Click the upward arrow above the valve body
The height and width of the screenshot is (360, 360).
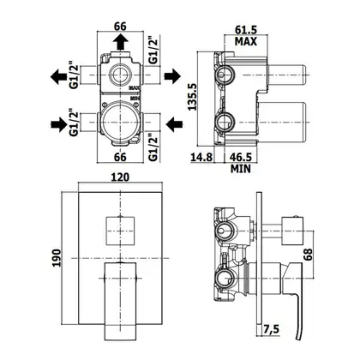click(120, 41)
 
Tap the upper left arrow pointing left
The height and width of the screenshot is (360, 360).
click(58, 76)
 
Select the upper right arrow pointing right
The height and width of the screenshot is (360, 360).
click(172, 75)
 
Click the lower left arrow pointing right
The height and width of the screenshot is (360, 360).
click(59, 124)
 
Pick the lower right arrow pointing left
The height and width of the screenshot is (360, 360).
click(174, 123)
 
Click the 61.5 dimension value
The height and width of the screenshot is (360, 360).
click(246, 30)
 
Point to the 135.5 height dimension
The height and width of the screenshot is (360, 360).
click(192, 97)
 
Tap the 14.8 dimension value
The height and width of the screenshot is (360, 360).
click(201, 157)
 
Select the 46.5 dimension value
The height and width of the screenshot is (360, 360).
click(241, 157)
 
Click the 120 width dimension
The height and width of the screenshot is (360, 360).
click(120, 177)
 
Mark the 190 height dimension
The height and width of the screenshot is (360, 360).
click(57, 258)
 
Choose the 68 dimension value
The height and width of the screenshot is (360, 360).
click(308, 255)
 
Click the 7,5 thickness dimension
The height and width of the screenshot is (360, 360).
click(271, 329)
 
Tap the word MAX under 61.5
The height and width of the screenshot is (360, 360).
click(246, 42)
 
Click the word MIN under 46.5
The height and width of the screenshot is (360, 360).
click(241, 169)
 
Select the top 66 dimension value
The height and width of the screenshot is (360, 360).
click(120, 27)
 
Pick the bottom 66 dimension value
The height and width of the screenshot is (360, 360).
click(120, 157)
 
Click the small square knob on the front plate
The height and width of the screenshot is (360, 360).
click(120, 231)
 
